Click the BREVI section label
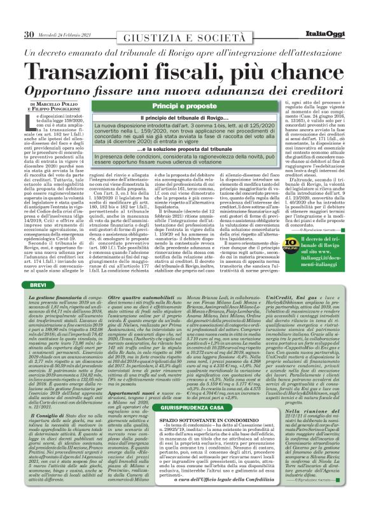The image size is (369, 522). (x=39, y=286)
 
